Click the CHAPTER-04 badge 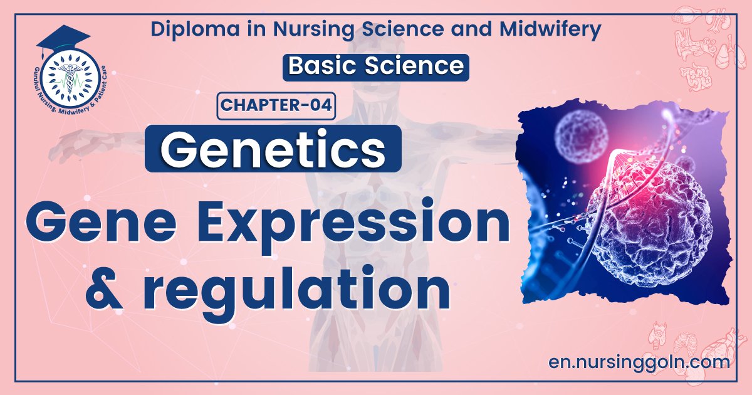click(276, 105)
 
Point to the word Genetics click(273, 148)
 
